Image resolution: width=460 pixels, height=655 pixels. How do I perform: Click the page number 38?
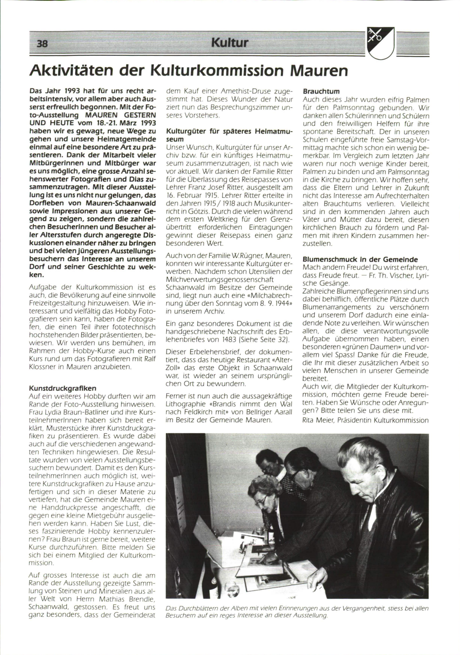pyautogui.click(x=42, y=43)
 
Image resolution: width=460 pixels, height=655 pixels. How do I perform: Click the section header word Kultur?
pyautogui.click(x=229, y=42)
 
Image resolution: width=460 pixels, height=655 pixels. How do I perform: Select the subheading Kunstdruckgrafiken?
pyautogui.click(x=62, y=388)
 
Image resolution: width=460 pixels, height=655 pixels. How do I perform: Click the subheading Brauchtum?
pyautogui.click(x=321, y=91)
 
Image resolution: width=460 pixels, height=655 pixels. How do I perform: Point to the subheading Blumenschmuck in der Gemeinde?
pyautogui.click(x=360, y=260)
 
